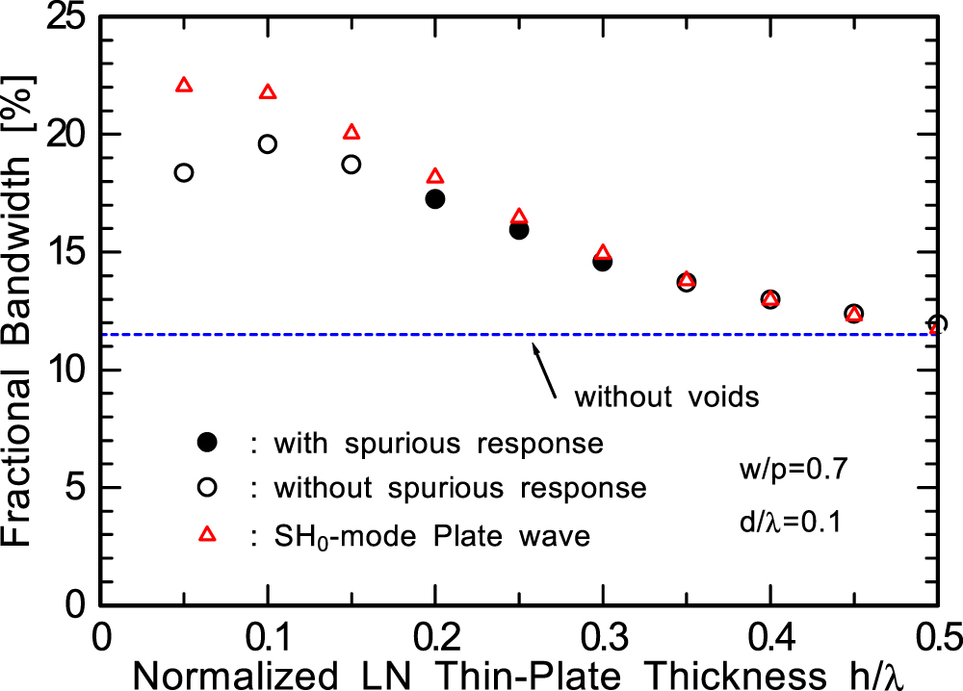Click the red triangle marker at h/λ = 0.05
click(184, 86)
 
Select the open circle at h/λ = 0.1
click(268, 144)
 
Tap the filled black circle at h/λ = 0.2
click(434, 199)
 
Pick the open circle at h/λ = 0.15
click(351, 165)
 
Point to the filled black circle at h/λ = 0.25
click(519, 230)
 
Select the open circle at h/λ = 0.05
click(184, 172)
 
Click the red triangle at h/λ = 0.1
click(268, 92)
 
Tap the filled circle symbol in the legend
click(205, 444)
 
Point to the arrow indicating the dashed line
click(545, 367)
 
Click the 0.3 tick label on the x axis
click(603, 637)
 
